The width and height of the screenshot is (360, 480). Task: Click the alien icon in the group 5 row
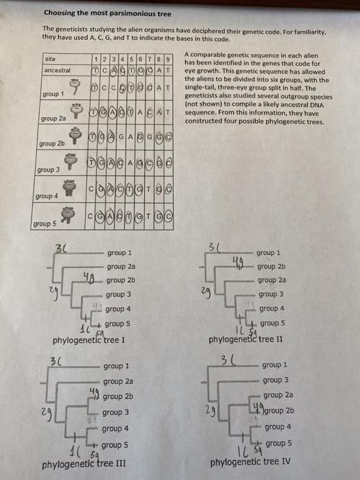point(67,215)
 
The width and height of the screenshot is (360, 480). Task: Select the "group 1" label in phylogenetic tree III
point(117,367)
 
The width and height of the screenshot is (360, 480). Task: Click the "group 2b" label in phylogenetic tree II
point(271,267)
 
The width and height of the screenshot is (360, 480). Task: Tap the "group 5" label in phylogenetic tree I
point(117,323)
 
